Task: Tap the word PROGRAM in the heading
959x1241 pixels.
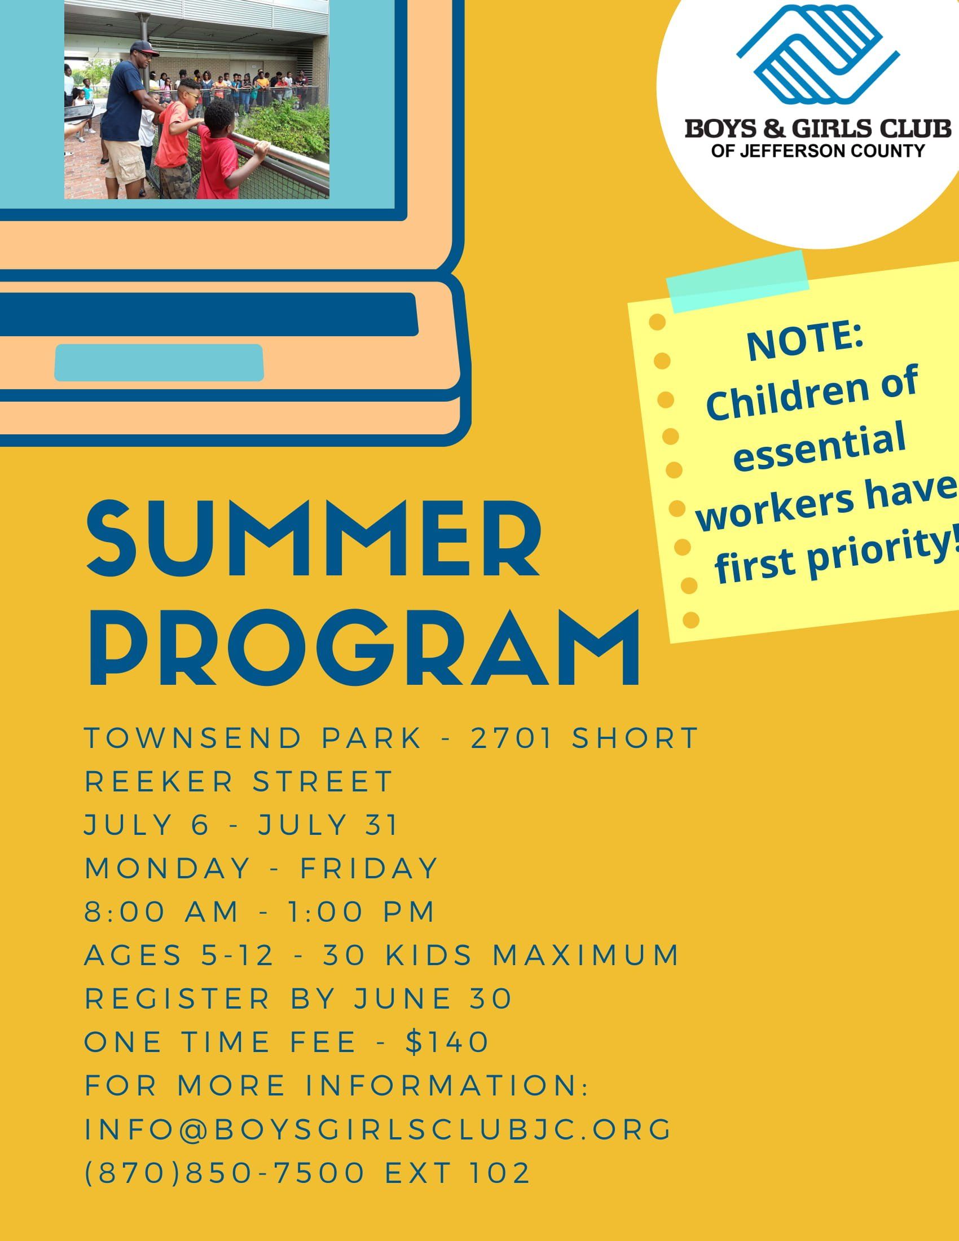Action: coord(365,648)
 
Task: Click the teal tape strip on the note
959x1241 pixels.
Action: coord(738,281)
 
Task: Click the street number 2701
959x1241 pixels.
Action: coord(512,738)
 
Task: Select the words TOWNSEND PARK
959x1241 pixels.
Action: coord(253,738)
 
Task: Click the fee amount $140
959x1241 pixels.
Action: coord(448,1042)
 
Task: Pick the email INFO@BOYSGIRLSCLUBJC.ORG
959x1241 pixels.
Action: coord(379,1129)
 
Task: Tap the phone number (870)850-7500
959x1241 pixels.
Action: coord(225,1173)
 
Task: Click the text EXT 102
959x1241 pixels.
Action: coord(458,1173)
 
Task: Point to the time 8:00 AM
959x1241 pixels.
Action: coord(162,912)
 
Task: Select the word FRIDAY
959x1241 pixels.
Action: coord(369,868)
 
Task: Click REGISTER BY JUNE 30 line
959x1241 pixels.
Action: coord(299,999)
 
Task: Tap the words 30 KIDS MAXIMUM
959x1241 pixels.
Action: coord(501,955)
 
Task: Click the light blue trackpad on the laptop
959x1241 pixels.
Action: coord(159,363)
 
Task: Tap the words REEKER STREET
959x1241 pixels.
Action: coord(239,781)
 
